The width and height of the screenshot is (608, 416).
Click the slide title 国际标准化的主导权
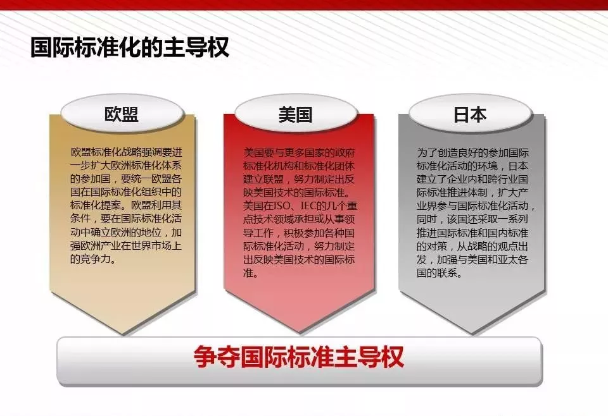coord(129,47)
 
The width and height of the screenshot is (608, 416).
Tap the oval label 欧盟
coord(122,114)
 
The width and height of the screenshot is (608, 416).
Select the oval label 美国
coord(296,114)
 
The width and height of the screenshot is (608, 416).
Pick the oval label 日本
coord(470,114)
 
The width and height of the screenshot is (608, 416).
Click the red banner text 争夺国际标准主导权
coord(299,357)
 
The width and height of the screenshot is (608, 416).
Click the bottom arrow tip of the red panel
coord(299,332)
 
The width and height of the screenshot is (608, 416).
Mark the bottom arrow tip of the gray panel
coord(472,334)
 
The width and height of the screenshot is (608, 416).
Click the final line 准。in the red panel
coord(251,273)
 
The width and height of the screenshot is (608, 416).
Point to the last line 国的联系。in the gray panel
coord(440,273)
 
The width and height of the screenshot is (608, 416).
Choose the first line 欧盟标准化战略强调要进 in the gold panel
coord(126,152)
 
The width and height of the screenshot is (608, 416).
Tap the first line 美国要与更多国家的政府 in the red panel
coord(299,152)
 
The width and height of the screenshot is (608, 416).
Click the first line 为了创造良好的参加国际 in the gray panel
coord(472,152)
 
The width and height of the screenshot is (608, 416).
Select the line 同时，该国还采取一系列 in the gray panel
coord(472,219)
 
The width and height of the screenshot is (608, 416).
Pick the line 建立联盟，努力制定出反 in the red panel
coord(299,179)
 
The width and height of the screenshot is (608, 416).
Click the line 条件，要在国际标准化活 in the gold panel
coord(126,218)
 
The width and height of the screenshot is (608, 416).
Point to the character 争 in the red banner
coord(205,357)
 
